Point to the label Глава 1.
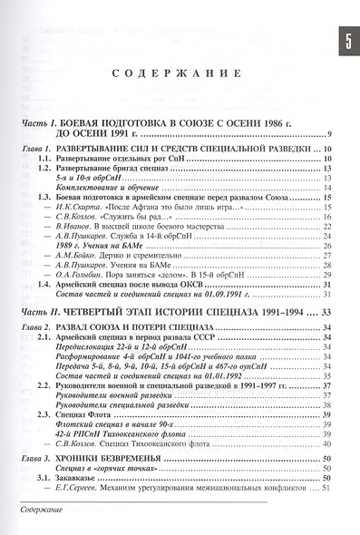(37, 148)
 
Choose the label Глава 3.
(37, 460)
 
